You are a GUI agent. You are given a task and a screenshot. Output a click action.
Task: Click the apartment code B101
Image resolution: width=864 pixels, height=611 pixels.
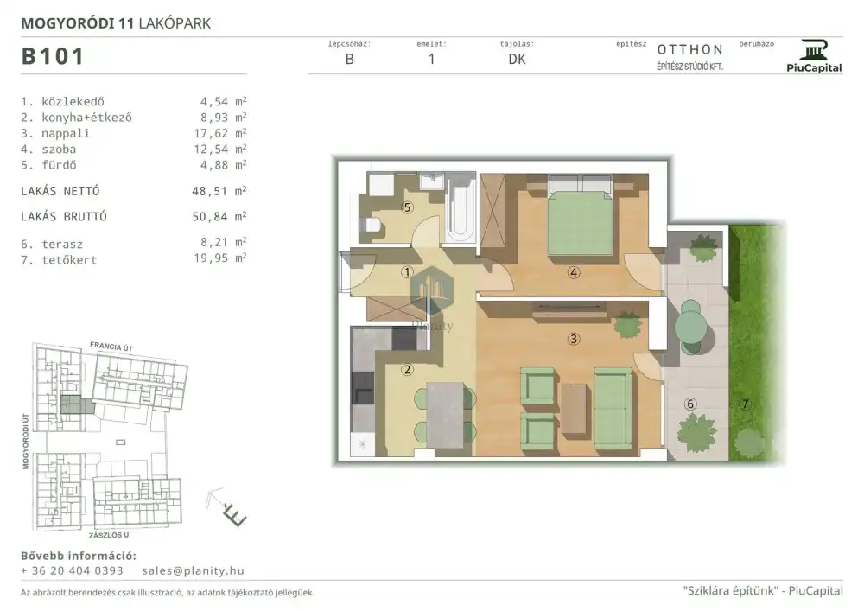(53, 56)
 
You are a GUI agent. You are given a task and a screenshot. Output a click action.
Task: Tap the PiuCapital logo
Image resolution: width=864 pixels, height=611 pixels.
(814, 55)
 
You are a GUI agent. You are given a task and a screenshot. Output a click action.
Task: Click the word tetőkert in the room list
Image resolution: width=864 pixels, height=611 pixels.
(69, 260)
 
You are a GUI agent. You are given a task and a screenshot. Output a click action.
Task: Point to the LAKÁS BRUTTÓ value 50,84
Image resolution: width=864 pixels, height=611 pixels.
(210, 217)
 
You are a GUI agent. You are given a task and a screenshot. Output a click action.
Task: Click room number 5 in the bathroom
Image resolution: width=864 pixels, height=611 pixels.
(407, 207)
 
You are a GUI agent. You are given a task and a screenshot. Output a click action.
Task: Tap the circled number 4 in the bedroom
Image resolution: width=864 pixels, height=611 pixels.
(574, 272)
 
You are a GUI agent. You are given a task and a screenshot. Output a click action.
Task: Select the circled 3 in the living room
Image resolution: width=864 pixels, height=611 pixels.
(574, 339)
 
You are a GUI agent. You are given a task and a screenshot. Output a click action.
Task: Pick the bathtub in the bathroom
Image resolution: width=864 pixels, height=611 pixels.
(461, 207)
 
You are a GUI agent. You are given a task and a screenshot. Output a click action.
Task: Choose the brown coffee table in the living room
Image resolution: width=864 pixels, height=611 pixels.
(575, 408)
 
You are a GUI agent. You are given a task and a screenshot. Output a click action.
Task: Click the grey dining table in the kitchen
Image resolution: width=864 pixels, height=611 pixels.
(445, 414)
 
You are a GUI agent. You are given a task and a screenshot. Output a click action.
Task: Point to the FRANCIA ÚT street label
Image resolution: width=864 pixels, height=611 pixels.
(111, 347)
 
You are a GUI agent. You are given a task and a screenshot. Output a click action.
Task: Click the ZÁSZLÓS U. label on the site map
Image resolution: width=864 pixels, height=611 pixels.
(110, 535)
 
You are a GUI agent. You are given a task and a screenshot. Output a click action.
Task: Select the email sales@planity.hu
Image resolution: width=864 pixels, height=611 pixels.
(193, 570)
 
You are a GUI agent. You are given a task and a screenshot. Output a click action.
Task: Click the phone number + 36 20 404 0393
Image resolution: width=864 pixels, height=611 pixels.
(72, 570)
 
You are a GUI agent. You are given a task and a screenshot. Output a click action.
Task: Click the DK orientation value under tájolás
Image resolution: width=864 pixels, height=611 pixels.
(517, 60)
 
